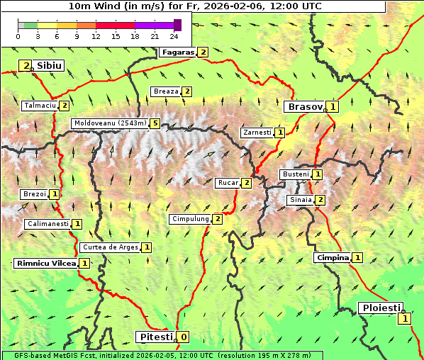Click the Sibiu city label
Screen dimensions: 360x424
50,65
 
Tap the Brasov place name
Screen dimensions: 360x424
303,106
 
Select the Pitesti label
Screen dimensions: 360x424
155,337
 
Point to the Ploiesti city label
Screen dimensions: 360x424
381,308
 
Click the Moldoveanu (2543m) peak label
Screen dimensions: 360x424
109,123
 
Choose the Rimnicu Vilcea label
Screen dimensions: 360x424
45,263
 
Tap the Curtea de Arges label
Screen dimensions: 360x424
109,247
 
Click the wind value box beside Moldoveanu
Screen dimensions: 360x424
155,123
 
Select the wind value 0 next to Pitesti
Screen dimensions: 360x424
183,337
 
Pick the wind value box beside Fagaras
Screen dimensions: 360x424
203,52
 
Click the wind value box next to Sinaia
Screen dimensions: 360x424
320,200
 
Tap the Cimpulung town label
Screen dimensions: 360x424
189,219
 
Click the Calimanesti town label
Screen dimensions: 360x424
47,224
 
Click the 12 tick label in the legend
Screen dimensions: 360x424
96,37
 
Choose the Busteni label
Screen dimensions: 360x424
295,174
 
